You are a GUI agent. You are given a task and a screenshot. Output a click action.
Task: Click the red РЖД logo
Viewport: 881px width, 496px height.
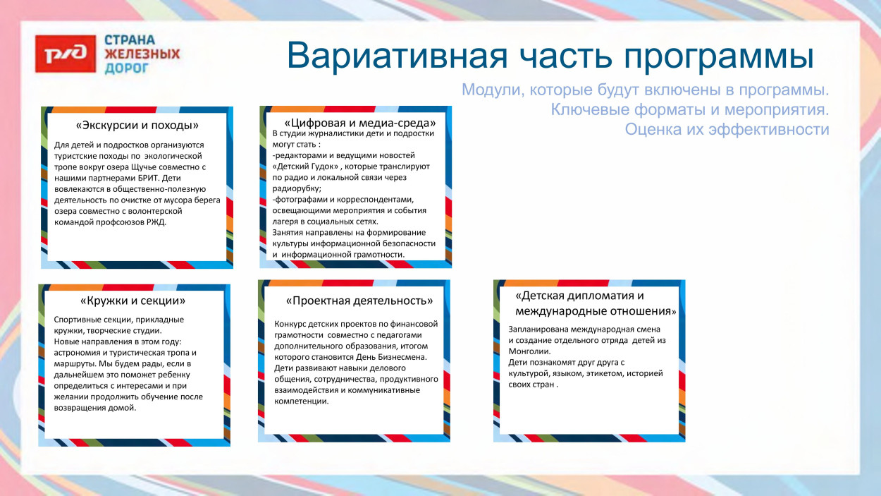click(66, 54)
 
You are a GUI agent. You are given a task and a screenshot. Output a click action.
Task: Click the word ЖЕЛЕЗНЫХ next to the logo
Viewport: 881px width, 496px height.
click(142, 54)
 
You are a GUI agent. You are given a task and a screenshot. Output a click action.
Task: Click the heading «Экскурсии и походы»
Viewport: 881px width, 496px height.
click(137, 126)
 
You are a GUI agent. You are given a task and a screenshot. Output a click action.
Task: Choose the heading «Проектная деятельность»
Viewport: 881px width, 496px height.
click(359, 301)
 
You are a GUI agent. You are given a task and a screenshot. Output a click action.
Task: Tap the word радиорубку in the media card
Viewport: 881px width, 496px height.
click(297, 188)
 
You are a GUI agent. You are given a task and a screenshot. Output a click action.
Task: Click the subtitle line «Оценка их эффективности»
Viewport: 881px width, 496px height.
click(727, 130)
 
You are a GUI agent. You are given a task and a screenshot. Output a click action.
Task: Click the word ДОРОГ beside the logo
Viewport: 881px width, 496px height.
click(127, 68)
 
